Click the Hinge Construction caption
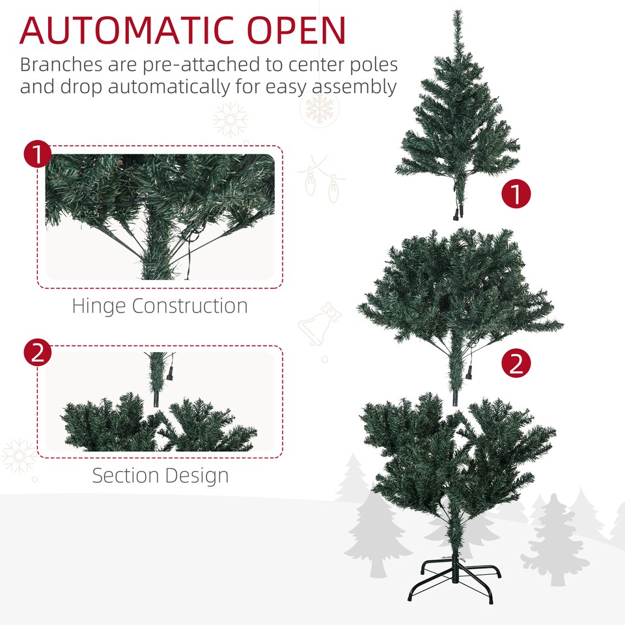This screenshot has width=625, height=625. [160, 306]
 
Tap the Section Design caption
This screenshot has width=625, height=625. [160, 475]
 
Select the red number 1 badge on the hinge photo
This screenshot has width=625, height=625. [37, 155]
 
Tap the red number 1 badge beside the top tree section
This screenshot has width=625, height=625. [516, 195]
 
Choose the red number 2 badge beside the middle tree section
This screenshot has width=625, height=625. [516, 363]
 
